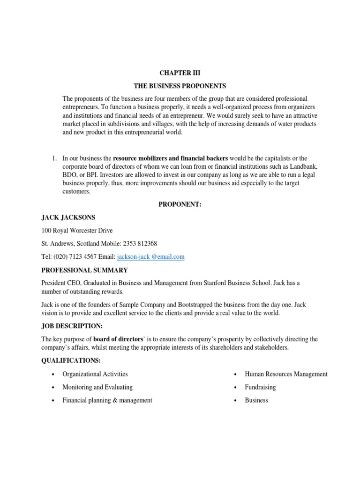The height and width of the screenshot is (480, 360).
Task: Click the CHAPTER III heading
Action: [x=180, y=74]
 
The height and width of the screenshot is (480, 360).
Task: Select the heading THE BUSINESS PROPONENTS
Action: [x=180, y=86]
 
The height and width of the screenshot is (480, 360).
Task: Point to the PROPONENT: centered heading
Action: [x=180, y=204]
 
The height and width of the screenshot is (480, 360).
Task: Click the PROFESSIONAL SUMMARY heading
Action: [x=84, y=270]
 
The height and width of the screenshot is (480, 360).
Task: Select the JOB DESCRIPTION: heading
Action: [x=70, y=326]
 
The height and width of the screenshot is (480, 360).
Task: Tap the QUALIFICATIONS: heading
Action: [x=71, y=360]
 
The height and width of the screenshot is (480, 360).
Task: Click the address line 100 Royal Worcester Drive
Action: [x=77, y=230]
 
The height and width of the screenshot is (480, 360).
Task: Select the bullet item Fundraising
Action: [x=260, y=387]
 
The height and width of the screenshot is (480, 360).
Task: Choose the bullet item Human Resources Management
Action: [x=286, y=374]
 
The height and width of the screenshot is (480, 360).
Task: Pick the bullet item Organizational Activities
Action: [x=95, y=374]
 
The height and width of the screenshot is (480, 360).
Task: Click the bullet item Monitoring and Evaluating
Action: [x=97, y=387]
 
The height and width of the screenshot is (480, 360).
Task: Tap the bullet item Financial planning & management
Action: [x=107, y=400]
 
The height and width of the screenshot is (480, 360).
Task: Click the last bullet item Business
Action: [x=256, y=400]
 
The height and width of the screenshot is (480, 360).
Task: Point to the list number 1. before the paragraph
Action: [x=54, y=158]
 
